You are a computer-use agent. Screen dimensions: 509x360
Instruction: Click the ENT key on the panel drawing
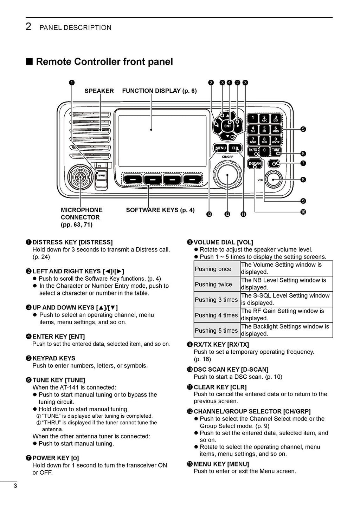click(x=228, y=126)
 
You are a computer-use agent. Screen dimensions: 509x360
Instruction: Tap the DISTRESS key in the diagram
click(x=101, y=175)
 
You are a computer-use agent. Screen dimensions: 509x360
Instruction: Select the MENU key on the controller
click(x=220, y=148)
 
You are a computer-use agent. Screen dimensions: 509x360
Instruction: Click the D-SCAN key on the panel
click(x=255, y=163)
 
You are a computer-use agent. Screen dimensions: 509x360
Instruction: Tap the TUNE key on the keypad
click(x=276, y=150)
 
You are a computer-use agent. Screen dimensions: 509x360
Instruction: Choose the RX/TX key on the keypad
click(x=253, y=150)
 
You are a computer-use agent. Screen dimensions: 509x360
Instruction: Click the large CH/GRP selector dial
click(x=227, y=174)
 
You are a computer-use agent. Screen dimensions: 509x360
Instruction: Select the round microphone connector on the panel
click(x=81, y=178)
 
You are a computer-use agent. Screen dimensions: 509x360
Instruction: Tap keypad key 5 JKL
click(x=264, y=130)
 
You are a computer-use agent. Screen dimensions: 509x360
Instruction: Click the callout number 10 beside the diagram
click(x=303, y=212)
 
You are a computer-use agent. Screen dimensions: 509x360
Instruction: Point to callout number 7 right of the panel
click(x=303, y=163)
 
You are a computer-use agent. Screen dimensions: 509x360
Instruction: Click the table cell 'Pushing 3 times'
click(x=217, y=300)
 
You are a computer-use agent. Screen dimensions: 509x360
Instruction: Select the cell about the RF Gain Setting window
click(x=286, y=315)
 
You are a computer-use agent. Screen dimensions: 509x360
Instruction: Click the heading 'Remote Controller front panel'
click(x=104, y=62)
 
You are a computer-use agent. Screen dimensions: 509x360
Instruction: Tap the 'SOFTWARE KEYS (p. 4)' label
click(x=160, y=210)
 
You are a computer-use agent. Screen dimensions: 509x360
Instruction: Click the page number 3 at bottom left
click(x=15, y=486)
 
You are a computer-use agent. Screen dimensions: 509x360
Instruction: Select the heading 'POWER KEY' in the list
click(x=56, y=458)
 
